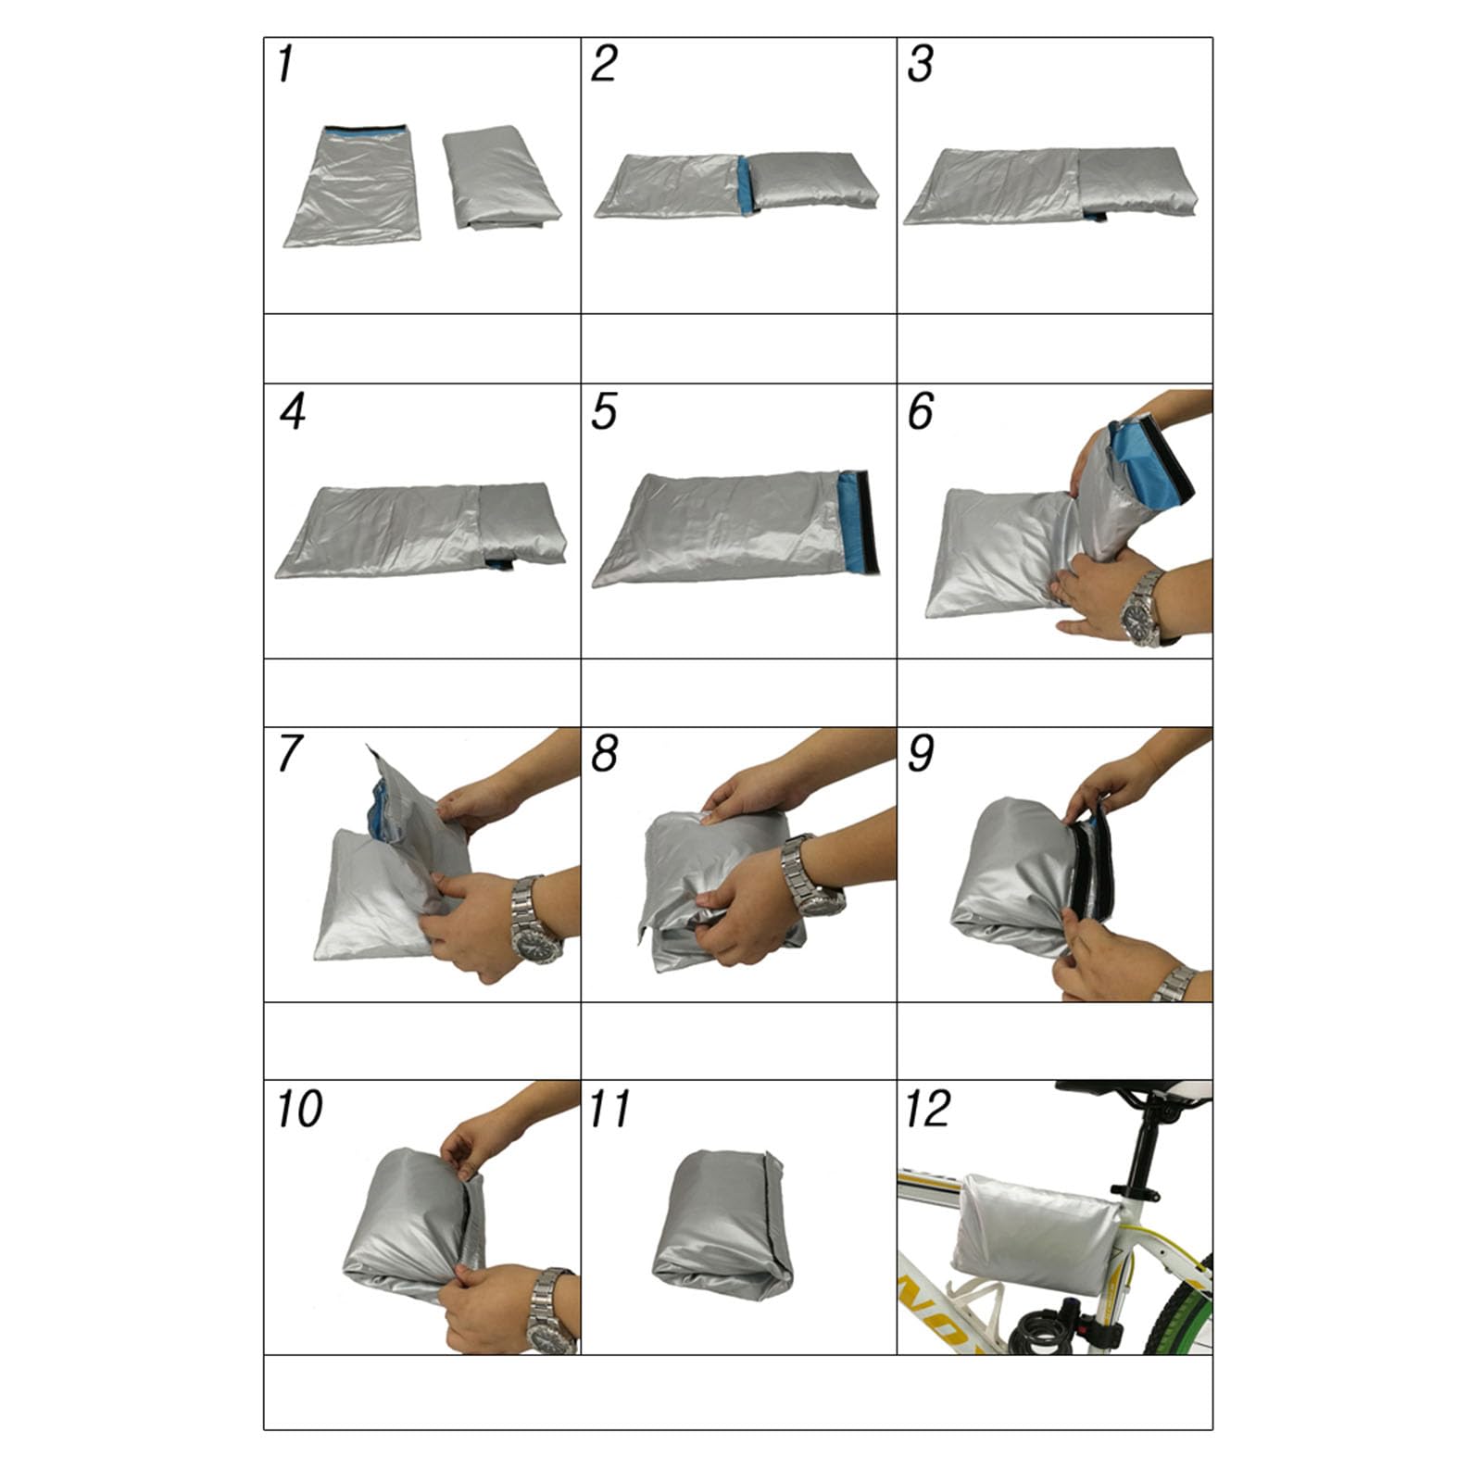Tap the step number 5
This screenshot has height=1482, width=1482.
[604, 411]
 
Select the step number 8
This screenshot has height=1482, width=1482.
[604, 753]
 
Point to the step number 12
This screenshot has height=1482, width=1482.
[928, 1109]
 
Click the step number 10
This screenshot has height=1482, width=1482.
[299, 1109]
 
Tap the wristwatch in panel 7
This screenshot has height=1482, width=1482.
[534, 920]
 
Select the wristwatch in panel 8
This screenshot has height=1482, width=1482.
[810, 876]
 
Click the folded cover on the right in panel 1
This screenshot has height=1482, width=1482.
[501, 177]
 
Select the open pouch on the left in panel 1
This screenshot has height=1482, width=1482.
[354, 186]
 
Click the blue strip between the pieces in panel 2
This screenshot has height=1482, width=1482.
[747, 185]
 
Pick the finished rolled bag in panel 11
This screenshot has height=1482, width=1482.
[722, 1225]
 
